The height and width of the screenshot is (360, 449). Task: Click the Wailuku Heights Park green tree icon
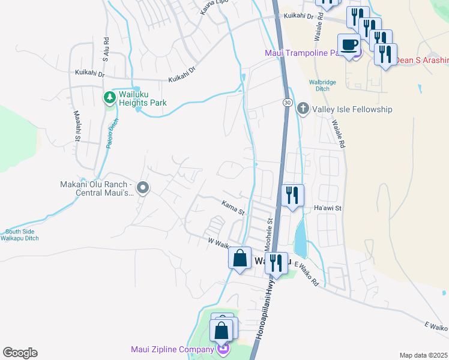109,97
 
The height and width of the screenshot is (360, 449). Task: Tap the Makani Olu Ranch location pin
143,188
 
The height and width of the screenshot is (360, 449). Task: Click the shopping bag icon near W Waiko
240,259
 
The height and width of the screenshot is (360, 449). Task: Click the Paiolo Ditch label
112,133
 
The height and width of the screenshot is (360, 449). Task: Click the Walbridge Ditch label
322,85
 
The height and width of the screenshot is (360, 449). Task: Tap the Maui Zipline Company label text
172,349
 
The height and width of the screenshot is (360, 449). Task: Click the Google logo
20,353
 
